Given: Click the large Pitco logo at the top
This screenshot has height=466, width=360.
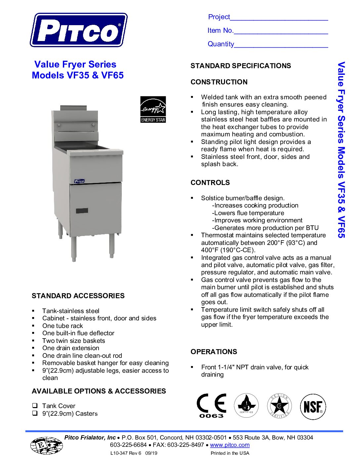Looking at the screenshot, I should pos(79,30).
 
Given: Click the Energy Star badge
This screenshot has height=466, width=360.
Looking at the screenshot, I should pos(153,110).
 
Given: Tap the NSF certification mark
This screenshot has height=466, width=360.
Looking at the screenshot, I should pos(313,406).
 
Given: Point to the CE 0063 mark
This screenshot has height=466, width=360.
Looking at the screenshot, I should pos(211,406).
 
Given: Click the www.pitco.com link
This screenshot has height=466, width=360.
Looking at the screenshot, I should pos(230,445).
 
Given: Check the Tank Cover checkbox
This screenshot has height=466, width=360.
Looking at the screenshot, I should pos(35,405).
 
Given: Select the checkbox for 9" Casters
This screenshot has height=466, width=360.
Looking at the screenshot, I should pos(35,413).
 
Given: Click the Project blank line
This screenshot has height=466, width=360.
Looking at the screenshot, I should pos(279,18).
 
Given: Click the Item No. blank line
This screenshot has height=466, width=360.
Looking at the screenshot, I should pos(281,31).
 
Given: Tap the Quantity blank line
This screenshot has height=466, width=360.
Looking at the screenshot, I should pos(281,45).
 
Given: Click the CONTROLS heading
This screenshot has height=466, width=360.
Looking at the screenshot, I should pos(210,183).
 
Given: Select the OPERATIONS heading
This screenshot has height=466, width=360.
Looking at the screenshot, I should pos(214,352).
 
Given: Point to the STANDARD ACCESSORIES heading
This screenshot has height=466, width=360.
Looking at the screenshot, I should pos(78,296).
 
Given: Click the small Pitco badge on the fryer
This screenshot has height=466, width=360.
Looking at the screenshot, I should pos(79,181).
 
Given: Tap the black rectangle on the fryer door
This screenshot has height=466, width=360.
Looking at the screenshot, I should pos(82,210).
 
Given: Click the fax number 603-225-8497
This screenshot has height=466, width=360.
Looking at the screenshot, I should pos(185,445).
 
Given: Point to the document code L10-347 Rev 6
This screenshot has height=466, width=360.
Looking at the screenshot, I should pos(126,453).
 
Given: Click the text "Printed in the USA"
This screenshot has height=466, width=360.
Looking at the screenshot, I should pos(230,453).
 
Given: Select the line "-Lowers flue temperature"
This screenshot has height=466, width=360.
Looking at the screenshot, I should pos(248,213).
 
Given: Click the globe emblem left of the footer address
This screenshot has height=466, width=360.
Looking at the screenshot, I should pos(46,445).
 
